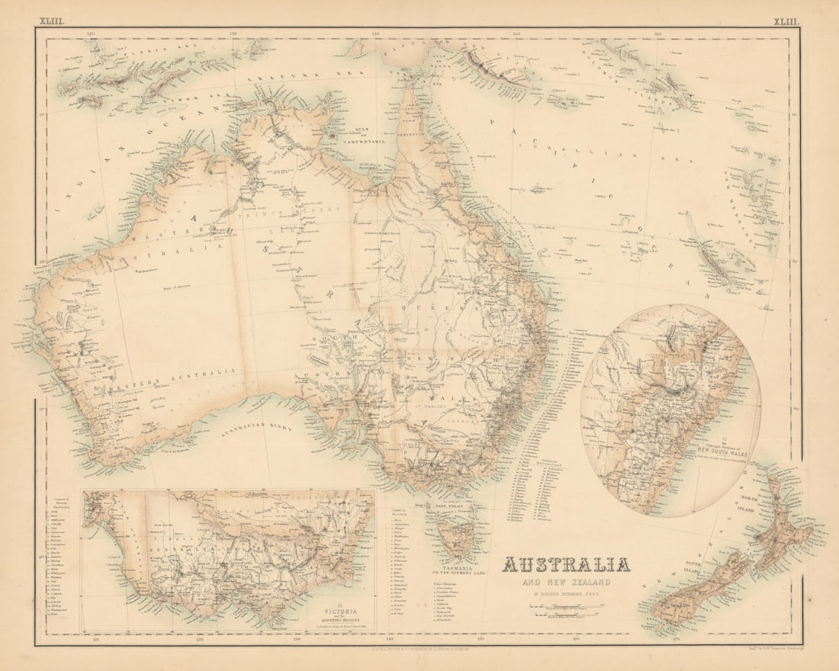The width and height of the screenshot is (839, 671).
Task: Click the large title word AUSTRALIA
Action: pyautogui.click(x=566, y=565)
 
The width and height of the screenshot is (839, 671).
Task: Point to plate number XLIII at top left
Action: pyautogui.click(x=52, y=22)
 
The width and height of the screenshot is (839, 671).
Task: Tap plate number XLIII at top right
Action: pyautogui.click(x=786, y=22)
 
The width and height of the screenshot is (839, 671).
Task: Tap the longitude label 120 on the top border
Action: pyautogui.click(x=91, y=34)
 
